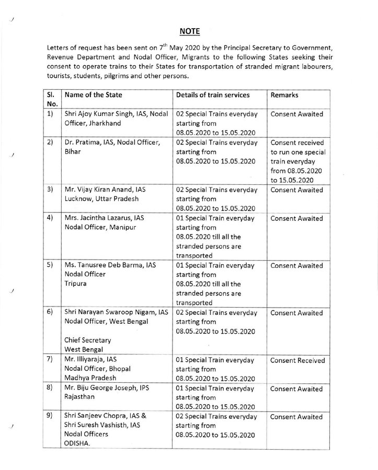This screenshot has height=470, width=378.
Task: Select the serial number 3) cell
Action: pyautogui.click(x=51, y=190)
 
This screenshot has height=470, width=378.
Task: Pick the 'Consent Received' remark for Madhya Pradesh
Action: pyautogui.click(x=297, y=360)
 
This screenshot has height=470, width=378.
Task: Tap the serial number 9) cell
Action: pyautogui.click(x=51, y=417)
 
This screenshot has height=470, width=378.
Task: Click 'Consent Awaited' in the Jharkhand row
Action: pyautogui.click(x=296, y=113)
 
